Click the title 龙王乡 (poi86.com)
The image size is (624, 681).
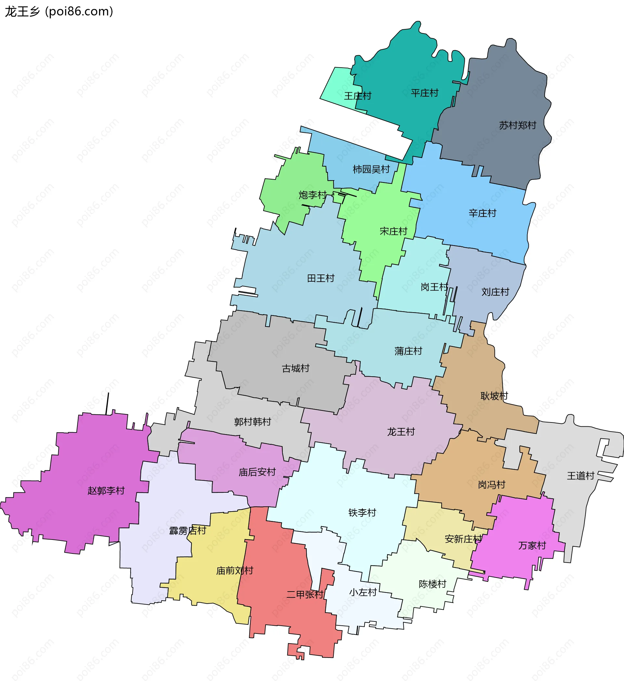pyautogui.click(x=59, y=11)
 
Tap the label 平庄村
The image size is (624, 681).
pyautogui.click(x=424, y=93)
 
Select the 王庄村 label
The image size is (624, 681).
pyautogui.click(x=357, y=96)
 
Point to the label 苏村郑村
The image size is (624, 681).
pyautogui.click(x=517, y=125)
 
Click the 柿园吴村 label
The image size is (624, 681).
pyautogui.click(x=371, y=169)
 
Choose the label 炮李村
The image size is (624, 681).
pyautogui.click(x=312, y=195)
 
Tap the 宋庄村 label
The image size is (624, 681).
pyautogui.click(x=393, y=232)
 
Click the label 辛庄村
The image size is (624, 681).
pyautogui.click(x=482, y=213)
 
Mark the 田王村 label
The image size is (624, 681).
pyautogui.click(x=320, y=278)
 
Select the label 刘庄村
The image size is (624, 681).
pyautogui.click(x=495, y=292)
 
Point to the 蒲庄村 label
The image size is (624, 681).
pyautogui.click(x=408, y=351)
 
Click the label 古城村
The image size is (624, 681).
pyautogui.click(x=295, y=368)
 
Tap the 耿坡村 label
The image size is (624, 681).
pyautogui.click(x=494, y=396)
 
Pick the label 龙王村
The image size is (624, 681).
pyautogui.click(x=400, y=432)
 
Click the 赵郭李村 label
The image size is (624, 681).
pyautogui.click(x=106, y=490)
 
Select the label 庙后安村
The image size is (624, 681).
pyautogui.click(x=257, y=472)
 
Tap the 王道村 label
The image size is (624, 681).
pyautogui.click(x=580, y=476)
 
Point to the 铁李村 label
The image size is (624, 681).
pyautogui.click(x=362, y=513)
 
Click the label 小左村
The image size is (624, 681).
pyautogui.click(x=363, y=593)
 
